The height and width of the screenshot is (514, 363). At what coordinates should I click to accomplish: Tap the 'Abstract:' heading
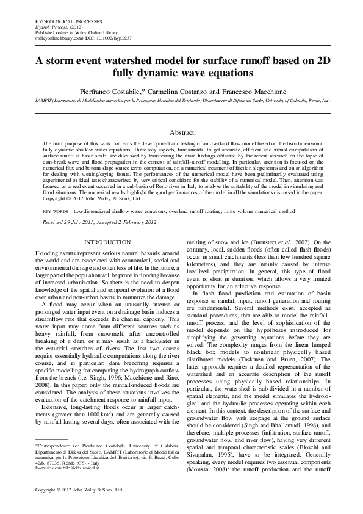181,132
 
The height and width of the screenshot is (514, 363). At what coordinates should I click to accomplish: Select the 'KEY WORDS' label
55,211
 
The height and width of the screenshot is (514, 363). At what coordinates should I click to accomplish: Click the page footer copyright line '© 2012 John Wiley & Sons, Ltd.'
70,490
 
